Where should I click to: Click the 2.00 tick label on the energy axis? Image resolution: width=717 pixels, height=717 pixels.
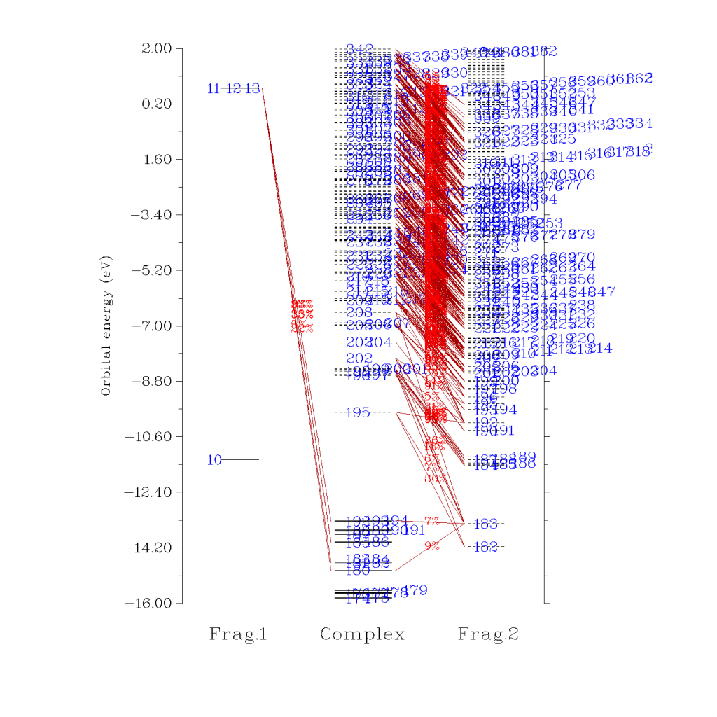tap(156, 48)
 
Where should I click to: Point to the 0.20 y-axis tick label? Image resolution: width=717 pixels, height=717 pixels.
tap(156, 104)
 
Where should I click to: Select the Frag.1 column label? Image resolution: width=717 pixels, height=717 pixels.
tap(238, 635)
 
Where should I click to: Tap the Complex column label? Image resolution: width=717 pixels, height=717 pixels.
tap(362, 635)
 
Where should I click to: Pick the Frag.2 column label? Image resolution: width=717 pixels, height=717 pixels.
tap(488, 635)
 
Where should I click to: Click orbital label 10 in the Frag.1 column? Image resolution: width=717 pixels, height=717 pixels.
tap(214, 460)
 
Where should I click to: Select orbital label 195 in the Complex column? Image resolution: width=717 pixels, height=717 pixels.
tap(357, 412)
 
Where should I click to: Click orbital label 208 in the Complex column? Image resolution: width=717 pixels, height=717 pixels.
tap(358, 312)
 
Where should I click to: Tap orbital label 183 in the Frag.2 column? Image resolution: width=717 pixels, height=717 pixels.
tap(485, 524)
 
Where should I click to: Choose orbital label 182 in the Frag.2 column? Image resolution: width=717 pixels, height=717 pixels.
tap(485, 547)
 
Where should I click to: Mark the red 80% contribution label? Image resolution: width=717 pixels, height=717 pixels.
tap(435, 479)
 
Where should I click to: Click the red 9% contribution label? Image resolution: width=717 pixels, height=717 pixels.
tap(431, 546)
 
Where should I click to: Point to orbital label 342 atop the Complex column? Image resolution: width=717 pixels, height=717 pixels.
tap(359, 49)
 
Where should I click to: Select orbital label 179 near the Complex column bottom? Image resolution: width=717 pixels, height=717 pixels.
tap(416, 590)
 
